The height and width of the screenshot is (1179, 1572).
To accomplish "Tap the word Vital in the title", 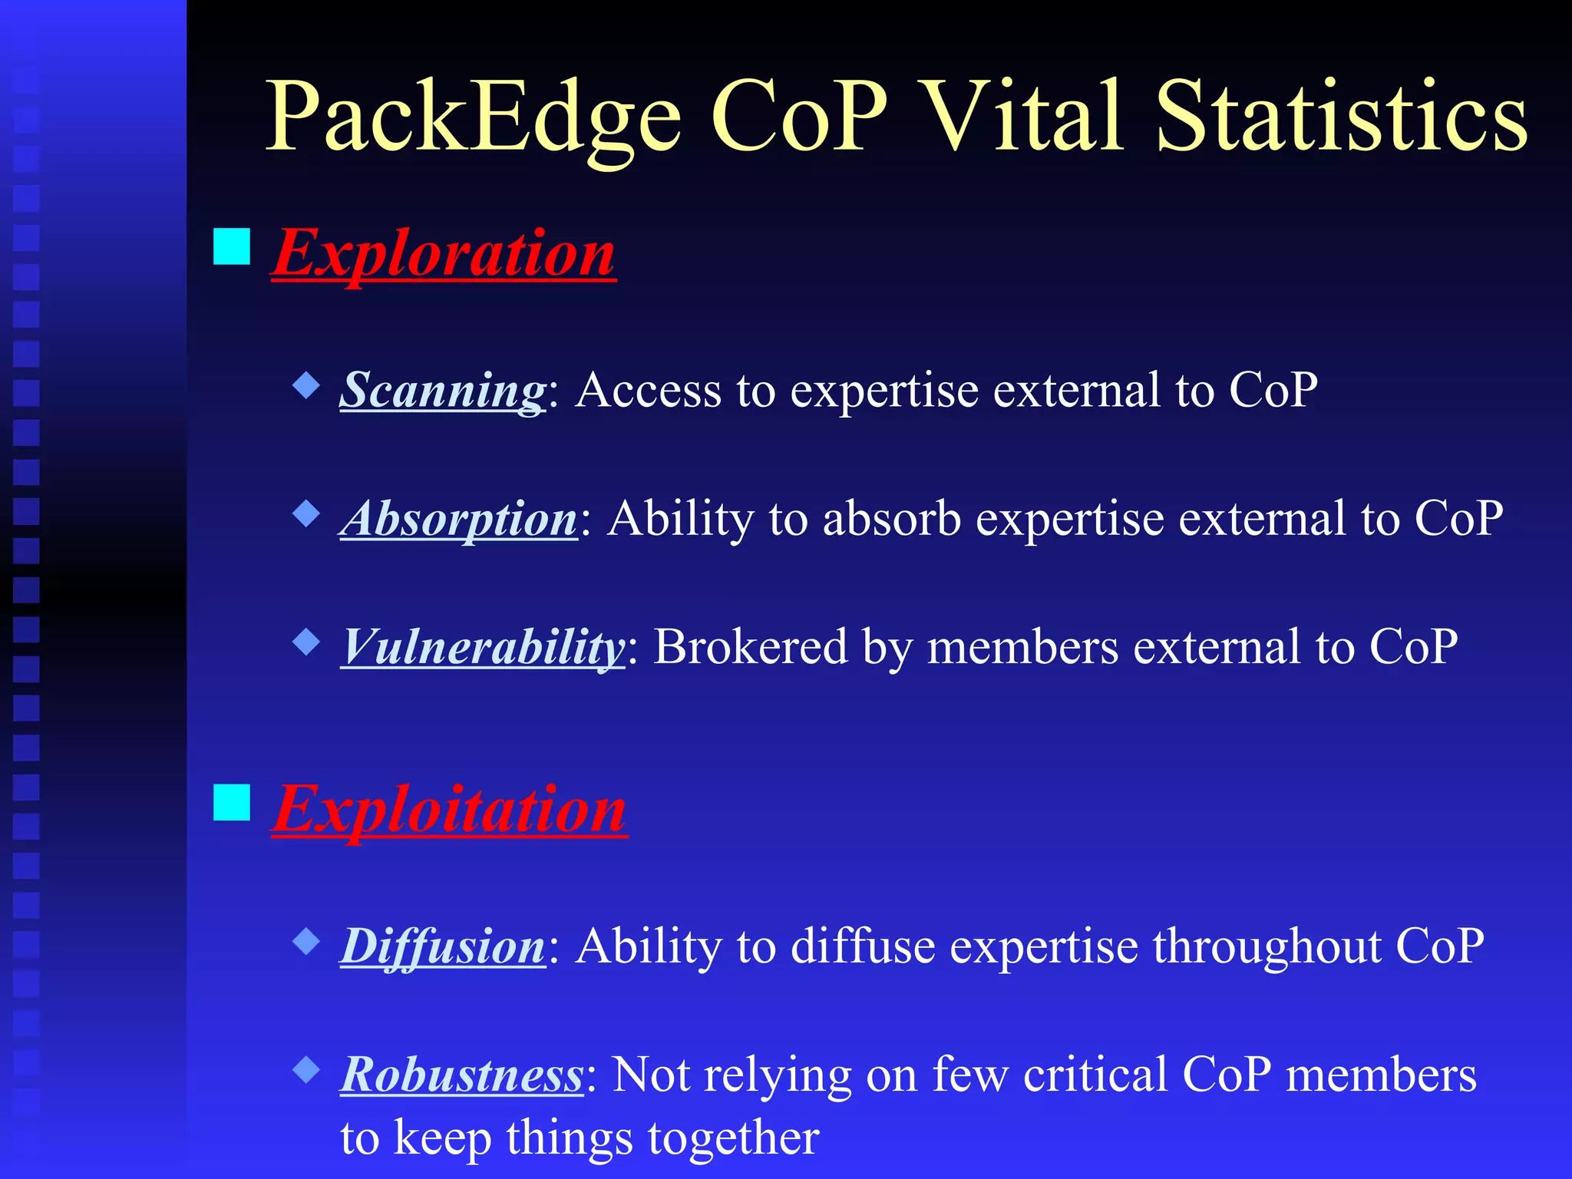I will click(1025, 117).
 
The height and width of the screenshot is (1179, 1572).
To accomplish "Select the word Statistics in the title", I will click(1341, 117).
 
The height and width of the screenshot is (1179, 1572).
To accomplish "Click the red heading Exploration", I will click(444, 253).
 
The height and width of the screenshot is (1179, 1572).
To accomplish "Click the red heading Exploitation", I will click(450, 809).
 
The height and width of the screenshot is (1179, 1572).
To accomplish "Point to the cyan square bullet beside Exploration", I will click(232, 246).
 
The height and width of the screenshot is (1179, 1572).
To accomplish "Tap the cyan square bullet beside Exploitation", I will click(232, 802).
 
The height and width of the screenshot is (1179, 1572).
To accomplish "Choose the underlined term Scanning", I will click(442, 390).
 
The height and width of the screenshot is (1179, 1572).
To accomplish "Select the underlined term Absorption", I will click(458, 519).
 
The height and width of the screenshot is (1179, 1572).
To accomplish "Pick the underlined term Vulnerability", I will click(483, 647).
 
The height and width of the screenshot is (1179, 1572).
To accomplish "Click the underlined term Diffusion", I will click(442, 946).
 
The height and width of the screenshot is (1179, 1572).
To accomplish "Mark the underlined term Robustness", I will click(462, 1075).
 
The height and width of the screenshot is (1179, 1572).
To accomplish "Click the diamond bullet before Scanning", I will click(306, 385).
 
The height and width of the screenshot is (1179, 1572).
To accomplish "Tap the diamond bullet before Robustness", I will click(306, 1069).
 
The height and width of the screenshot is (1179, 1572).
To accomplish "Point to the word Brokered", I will click(750, 647).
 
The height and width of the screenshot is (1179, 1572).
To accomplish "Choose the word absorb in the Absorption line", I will click(891, 519).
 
